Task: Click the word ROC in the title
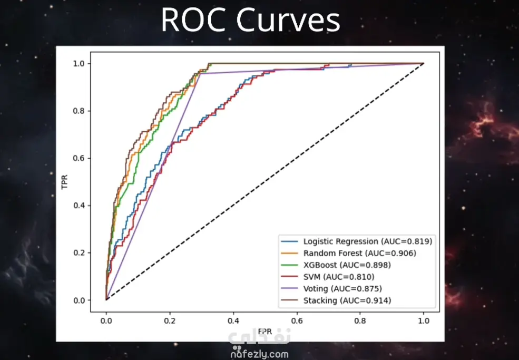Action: (x=195, y=20)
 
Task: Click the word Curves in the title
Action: (x=288, y=20)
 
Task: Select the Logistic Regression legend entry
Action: (x=357, y=241)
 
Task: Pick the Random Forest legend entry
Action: (x=348, y=253)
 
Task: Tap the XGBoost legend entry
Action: (x=336, y=265)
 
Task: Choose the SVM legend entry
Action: (x=328, y=277)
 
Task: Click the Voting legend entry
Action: (x=331, y=288)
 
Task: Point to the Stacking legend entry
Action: (x=336, y=300)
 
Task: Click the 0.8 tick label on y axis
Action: (x=79, y=111)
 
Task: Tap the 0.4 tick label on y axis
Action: (x=79, y=206)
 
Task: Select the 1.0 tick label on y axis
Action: (x=79, y=63)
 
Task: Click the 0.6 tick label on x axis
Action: (x=297, y=320)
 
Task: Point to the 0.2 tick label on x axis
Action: (x=170, y=320)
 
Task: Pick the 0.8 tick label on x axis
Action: (x=360, y=320)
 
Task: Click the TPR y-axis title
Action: (x=64, y=182)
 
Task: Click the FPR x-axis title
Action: (x=265, y=331)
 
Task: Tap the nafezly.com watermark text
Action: (x=259, y=354)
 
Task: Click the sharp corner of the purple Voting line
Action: (x=200, y=73)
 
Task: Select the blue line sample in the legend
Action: (x=289, y=241)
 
